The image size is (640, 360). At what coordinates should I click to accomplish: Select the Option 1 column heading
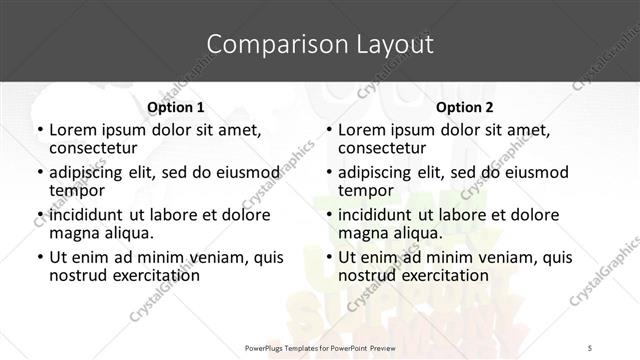point(175,107)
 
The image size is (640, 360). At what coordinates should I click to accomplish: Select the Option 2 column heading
point(464,107)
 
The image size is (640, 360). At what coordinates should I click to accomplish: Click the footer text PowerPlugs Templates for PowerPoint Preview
point(319,347)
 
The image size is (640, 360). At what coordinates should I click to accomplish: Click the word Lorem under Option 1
point(73,130)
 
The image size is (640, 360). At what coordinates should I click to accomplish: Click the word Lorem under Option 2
point(362,130)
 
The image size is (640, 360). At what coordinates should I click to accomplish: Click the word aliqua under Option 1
point(125,233)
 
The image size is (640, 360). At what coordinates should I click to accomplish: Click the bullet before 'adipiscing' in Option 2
point(328,173)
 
